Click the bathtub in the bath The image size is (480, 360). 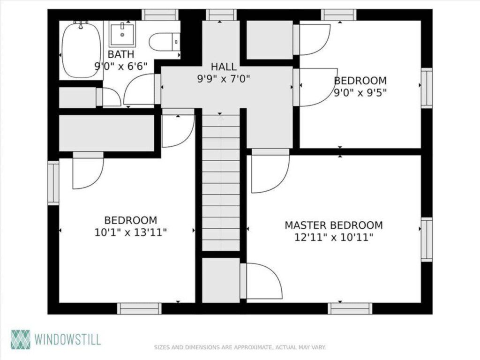[x=81, y=50]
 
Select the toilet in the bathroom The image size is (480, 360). [x=164, y=42]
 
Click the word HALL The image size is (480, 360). [x=224, y=67]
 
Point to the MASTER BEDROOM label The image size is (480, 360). [x=333, y=225]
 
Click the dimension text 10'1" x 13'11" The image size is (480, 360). [x=130, y=232]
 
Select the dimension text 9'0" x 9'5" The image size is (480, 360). [x=360, y=93]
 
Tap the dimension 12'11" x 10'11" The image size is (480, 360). [x=333, y=238]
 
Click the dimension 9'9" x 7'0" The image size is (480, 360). [x=224, y=79]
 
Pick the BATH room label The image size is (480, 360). [x=121, y=54]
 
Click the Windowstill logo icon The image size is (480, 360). [x=20, y=339]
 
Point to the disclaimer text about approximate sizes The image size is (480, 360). [x=240, y=347]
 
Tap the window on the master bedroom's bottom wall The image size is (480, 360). [x=350, y=308]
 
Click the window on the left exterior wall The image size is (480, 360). [x=53, y=183]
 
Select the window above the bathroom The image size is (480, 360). [x=160, y=15]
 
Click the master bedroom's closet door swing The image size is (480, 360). [x=262, y=281]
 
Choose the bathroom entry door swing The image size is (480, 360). [x=141, y=90]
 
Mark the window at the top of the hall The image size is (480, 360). [x=221, y=15]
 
